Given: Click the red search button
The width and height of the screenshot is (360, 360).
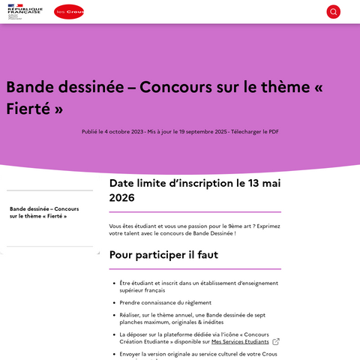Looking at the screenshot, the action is point(333,12).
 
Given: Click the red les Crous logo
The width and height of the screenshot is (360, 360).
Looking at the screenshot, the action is point(69,12).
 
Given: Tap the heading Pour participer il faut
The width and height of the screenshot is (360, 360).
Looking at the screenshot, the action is point(163,255).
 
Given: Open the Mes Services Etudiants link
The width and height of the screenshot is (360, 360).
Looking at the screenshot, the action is point(239,341).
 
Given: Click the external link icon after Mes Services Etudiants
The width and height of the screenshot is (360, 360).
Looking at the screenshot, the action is point(276,341).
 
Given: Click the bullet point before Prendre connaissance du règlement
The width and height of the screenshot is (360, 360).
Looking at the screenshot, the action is point(112,302).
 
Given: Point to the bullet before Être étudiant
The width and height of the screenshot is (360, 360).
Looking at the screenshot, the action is point(112,283).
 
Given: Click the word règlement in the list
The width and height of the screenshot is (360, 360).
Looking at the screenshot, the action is point(194,302).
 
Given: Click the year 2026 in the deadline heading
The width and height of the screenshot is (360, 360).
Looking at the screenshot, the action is point(122,198).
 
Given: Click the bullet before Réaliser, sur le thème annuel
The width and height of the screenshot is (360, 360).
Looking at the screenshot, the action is point(112,315).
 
